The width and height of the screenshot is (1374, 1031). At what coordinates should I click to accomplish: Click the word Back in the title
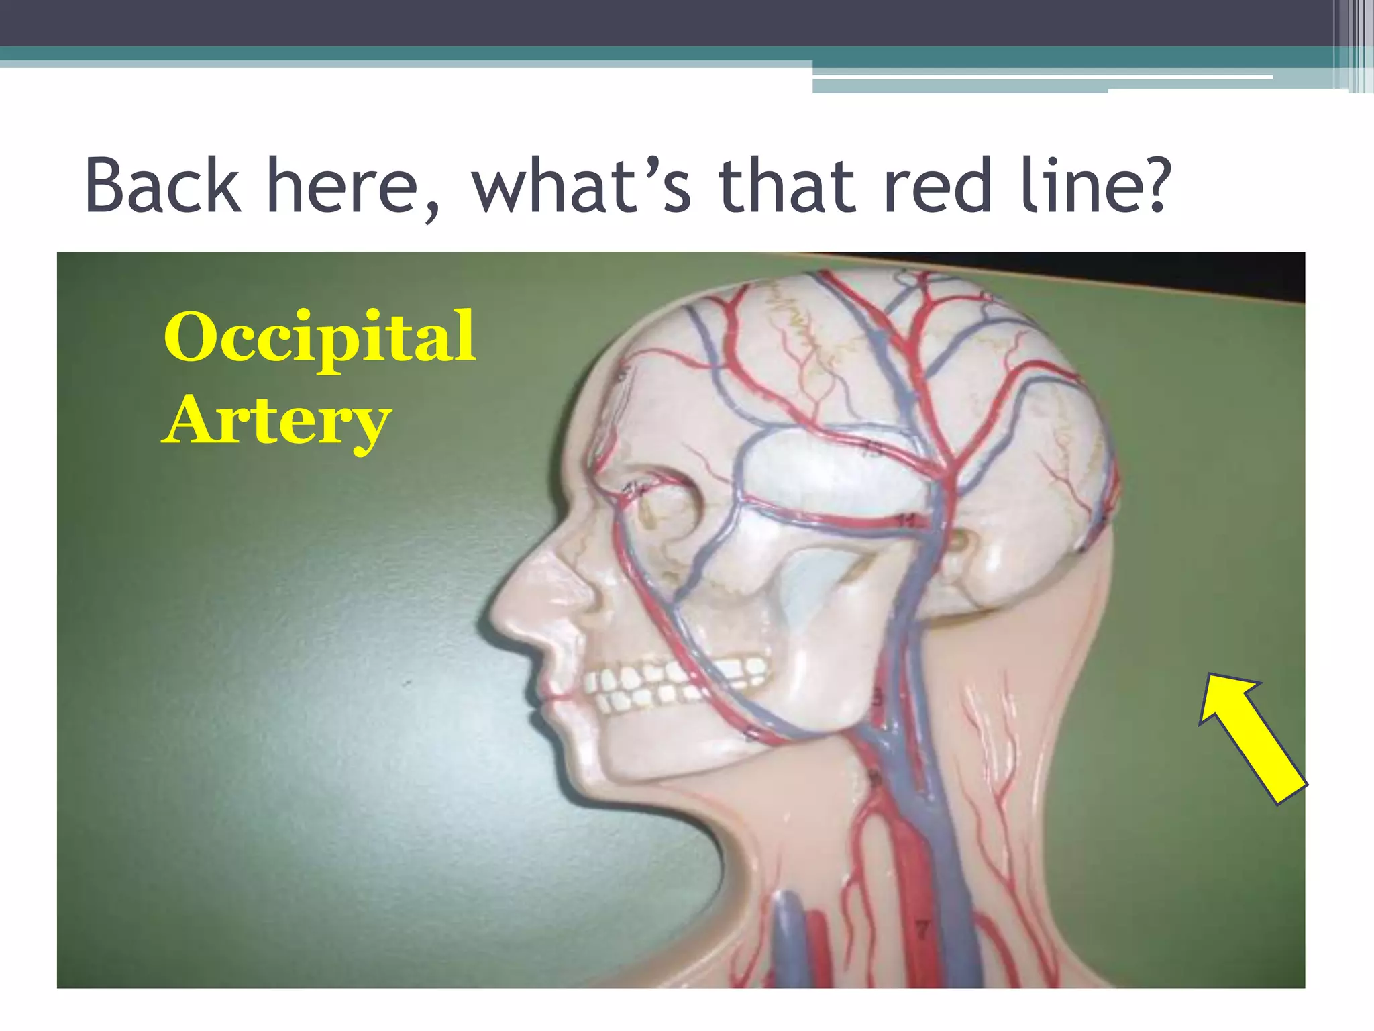pyautogui.click(x=162, y=185)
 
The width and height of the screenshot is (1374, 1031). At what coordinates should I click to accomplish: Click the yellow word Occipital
pyautogui.click(x=319, y=337)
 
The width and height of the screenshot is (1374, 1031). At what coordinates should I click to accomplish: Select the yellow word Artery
pyautogui.click(x=276, y=422)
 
